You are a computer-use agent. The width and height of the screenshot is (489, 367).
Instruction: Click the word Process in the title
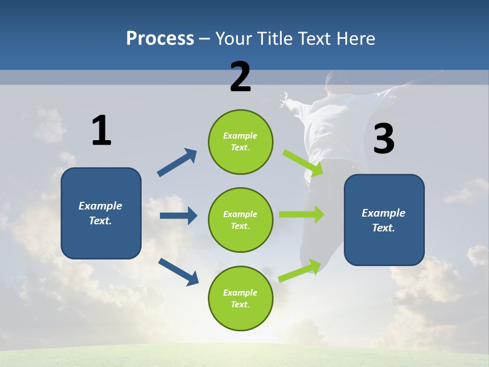click(x=160, y=38)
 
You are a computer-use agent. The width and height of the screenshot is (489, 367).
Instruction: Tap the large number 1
click(x=101, y=130)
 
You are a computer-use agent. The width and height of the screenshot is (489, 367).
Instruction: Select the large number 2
click(x=240, y=77)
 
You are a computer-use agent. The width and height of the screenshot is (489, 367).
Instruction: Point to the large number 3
click(x=384, y=139)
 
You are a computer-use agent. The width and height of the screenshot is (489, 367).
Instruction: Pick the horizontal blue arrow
click(x=178, y=216)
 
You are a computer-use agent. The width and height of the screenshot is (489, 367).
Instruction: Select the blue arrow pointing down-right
click(x=178, y=272)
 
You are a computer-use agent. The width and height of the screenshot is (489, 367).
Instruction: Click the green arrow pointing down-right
click(x=303, y=163)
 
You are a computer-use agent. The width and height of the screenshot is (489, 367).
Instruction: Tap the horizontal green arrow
click(x=301, y=214)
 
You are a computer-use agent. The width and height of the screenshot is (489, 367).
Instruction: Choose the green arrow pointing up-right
click(x=300, y=271)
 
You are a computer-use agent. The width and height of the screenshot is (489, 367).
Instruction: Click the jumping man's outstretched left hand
click(x=284, y=97)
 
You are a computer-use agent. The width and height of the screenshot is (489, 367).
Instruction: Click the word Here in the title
click(x=356, y=38)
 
